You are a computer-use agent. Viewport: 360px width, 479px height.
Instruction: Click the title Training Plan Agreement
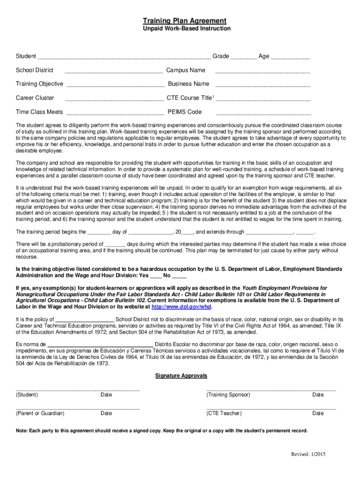(x=185, y=21)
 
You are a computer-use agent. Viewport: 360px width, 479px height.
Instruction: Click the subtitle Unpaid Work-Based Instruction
(x=187, y=29)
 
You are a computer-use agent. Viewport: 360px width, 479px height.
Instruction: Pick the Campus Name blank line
(x=262, y=72)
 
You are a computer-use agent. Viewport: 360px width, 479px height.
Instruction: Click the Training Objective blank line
(x=115, y=85)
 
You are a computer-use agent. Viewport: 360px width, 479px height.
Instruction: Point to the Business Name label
(x=188, y=84)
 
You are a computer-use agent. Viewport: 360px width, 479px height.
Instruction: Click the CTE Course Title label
(x=190, y=98)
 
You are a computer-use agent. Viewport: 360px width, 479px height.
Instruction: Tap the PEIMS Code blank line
(x=263, y=113)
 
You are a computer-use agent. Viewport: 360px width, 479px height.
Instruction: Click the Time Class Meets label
(x=39, y=112)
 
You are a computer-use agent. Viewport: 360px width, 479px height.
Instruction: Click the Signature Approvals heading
(x=181, y=376)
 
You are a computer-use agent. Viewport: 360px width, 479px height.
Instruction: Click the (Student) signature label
(x=27, y=395)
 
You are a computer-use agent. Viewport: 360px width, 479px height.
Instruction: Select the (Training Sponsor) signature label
(x=228, y=395)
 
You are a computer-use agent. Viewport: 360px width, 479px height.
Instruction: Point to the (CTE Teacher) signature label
(x=224, y=414)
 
